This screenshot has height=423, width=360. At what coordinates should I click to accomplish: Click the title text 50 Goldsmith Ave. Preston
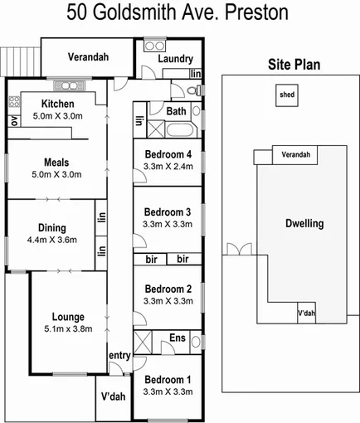(179, 13)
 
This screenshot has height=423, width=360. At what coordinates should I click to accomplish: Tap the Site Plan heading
(295, 65)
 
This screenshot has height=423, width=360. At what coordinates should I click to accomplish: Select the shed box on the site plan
(286, 95)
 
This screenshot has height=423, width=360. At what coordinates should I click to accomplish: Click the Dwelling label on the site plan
(304, 223)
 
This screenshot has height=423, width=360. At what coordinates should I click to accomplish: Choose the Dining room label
(51, 228)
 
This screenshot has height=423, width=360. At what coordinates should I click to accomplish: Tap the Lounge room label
(68, 316)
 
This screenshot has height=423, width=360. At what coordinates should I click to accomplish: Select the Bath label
(176, 111)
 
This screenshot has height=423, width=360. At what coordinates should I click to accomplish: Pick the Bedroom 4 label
(168, 154)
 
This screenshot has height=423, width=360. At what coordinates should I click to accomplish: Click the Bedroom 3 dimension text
(168, 224)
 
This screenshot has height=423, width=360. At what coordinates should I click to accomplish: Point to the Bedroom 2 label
(168, 289)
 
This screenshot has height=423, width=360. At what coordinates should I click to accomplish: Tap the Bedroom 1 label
(168, 380)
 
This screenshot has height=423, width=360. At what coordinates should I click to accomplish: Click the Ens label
(178, 338)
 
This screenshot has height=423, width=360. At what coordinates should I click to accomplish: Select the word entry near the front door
(119, 355)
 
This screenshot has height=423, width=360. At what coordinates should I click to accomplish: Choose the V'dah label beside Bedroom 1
(113, 396)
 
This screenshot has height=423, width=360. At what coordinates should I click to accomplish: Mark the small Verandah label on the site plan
(295, 155)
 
